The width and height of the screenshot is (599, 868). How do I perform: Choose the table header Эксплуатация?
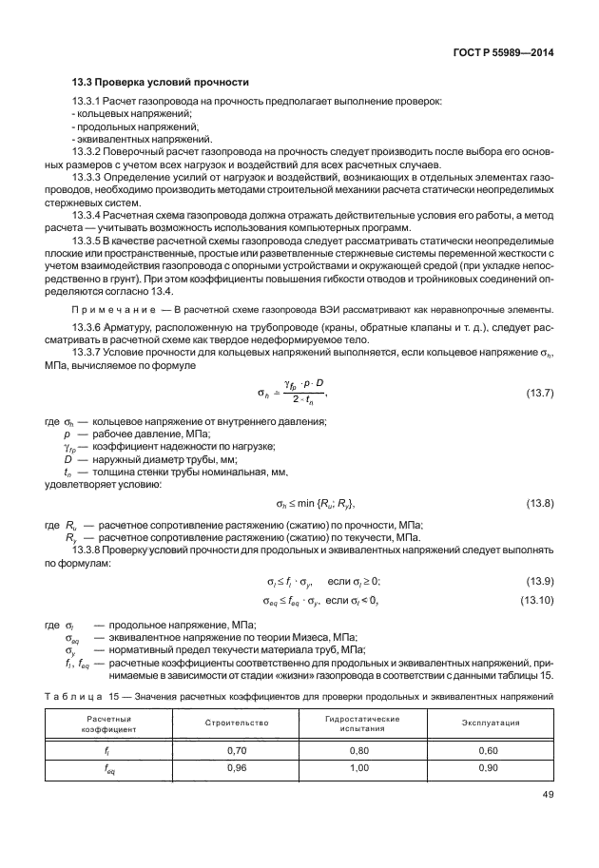tap(490, 723)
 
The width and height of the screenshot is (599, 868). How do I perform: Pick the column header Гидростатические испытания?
tap(362, 723)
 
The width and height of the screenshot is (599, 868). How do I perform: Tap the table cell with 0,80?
tap(362, 750)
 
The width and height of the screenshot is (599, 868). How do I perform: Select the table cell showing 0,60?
tap(490, 750)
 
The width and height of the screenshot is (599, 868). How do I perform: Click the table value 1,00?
tap(362, 768)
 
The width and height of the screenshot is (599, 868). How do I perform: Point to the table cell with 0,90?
tap(490, 768)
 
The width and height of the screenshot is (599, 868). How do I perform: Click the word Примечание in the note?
tap(117, 311)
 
